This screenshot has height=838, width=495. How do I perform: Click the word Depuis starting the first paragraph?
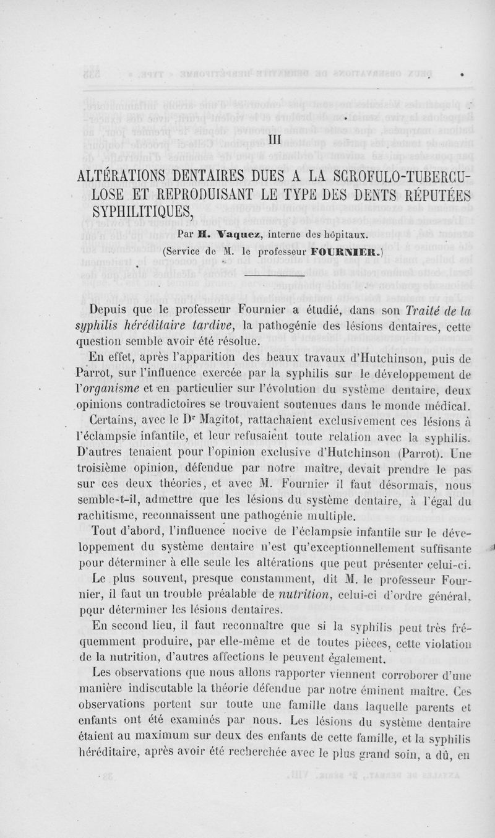click(x=112, y=311)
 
